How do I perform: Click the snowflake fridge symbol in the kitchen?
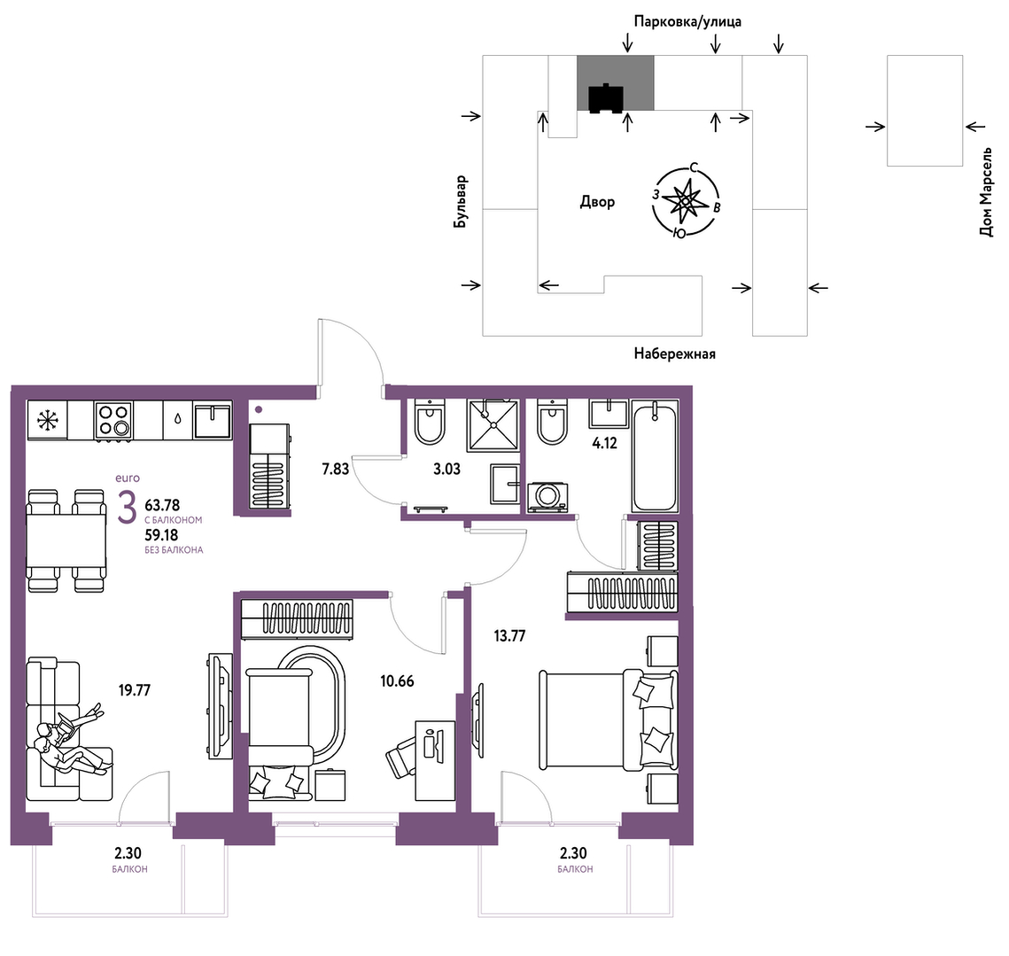click(47, 420)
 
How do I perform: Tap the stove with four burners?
click(113, 420)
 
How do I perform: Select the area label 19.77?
click(135, 690)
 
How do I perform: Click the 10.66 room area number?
click(397, 680)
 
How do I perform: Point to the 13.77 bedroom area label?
click(509, 636)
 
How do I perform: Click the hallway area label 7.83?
click(335, 469)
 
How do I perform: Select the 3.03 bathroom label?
click(446, 469)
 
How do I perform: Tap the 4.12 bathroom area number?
click(604, 443)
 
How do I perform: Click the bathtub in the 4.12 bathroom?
click(655, 456)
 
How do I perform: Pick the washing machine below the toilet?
click(547, 497)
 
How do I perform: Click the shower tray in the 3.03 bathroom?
click(493, 425)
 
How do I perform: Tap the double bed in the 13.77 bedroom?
click(608, 719)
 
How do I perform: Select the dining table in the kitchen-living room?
click(66, 541)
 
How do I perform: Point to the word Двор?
click(597, 201)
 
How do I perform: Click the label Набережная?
click(674, 354)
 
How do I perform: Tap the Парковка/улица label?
click(687, 21)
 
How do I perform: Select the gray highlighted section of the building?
click(615, 83)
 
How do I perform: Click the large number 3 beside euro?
click(127, 508)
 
